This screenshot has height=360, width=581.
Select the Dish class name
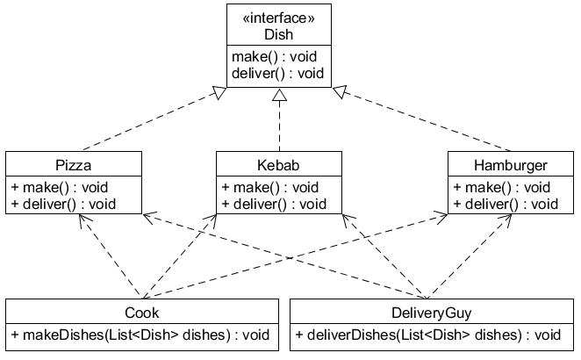pos(279,35)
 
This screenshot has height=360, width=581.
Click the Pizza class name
pos(73,165)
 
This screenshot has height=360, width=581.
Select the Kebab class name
pos(278,165)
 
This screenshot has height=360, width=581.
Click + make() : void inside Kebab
pos(270,187)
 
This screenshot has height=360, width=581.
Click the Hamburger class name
pos(509,165)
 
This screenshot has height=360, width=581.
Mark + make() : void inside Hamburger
pos(501,187)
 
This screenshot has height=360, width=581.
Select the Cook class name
pos(141,313)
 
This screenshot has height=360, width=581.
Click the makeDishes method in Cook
pos(141,335)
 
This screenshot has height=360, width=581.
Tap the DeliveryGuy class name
pos(431,313)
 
